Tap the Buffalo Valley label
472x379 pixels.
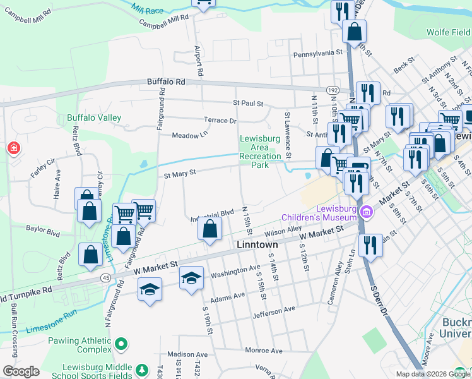(94, 118)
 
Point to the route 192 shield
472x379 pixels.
(333, 90)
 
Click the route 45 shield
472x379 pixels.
(104, 277)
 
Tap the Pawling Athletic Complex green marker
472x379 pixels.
(121, 344)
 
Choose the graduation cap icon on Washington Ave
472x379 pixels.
(191, 278)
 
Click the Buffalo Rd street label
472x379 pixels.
(167, 82)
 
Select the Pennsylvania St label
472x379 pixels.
(317, 54)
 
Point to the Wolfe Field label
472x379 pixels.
(449, 32)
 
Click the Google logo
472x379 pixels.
(21, 371)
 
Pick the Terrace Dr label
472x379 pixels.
(220, 120)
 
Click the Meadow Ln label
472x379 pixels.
(189, 135)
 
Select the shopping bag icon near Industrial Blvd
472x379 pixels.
(209, 229)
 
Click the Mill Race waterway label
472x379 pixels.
(147, 9)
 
